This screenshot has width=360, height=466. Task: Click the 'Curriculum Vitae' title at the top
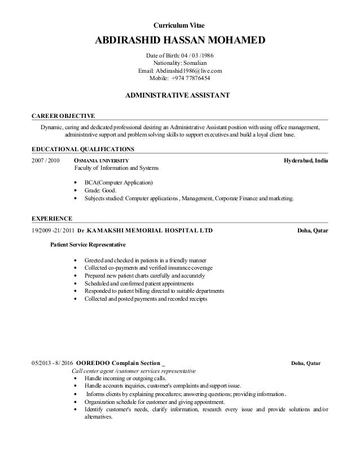click(x=180, y=26)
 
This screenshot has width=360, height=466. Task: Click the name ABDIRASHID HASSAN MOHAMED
click(x=180, y=41)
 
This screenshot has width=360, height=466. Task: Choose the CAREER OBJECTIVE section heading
click(x=63, y=116)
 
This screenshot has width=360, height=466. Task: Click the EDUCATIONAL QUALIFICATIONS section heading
click(x=82, y=150)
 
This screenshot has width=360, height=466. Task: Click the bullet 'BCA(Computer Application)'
click(x=118, y=183)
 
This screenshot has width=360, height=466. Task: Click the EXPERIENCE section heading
click(x=51, y=217)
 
